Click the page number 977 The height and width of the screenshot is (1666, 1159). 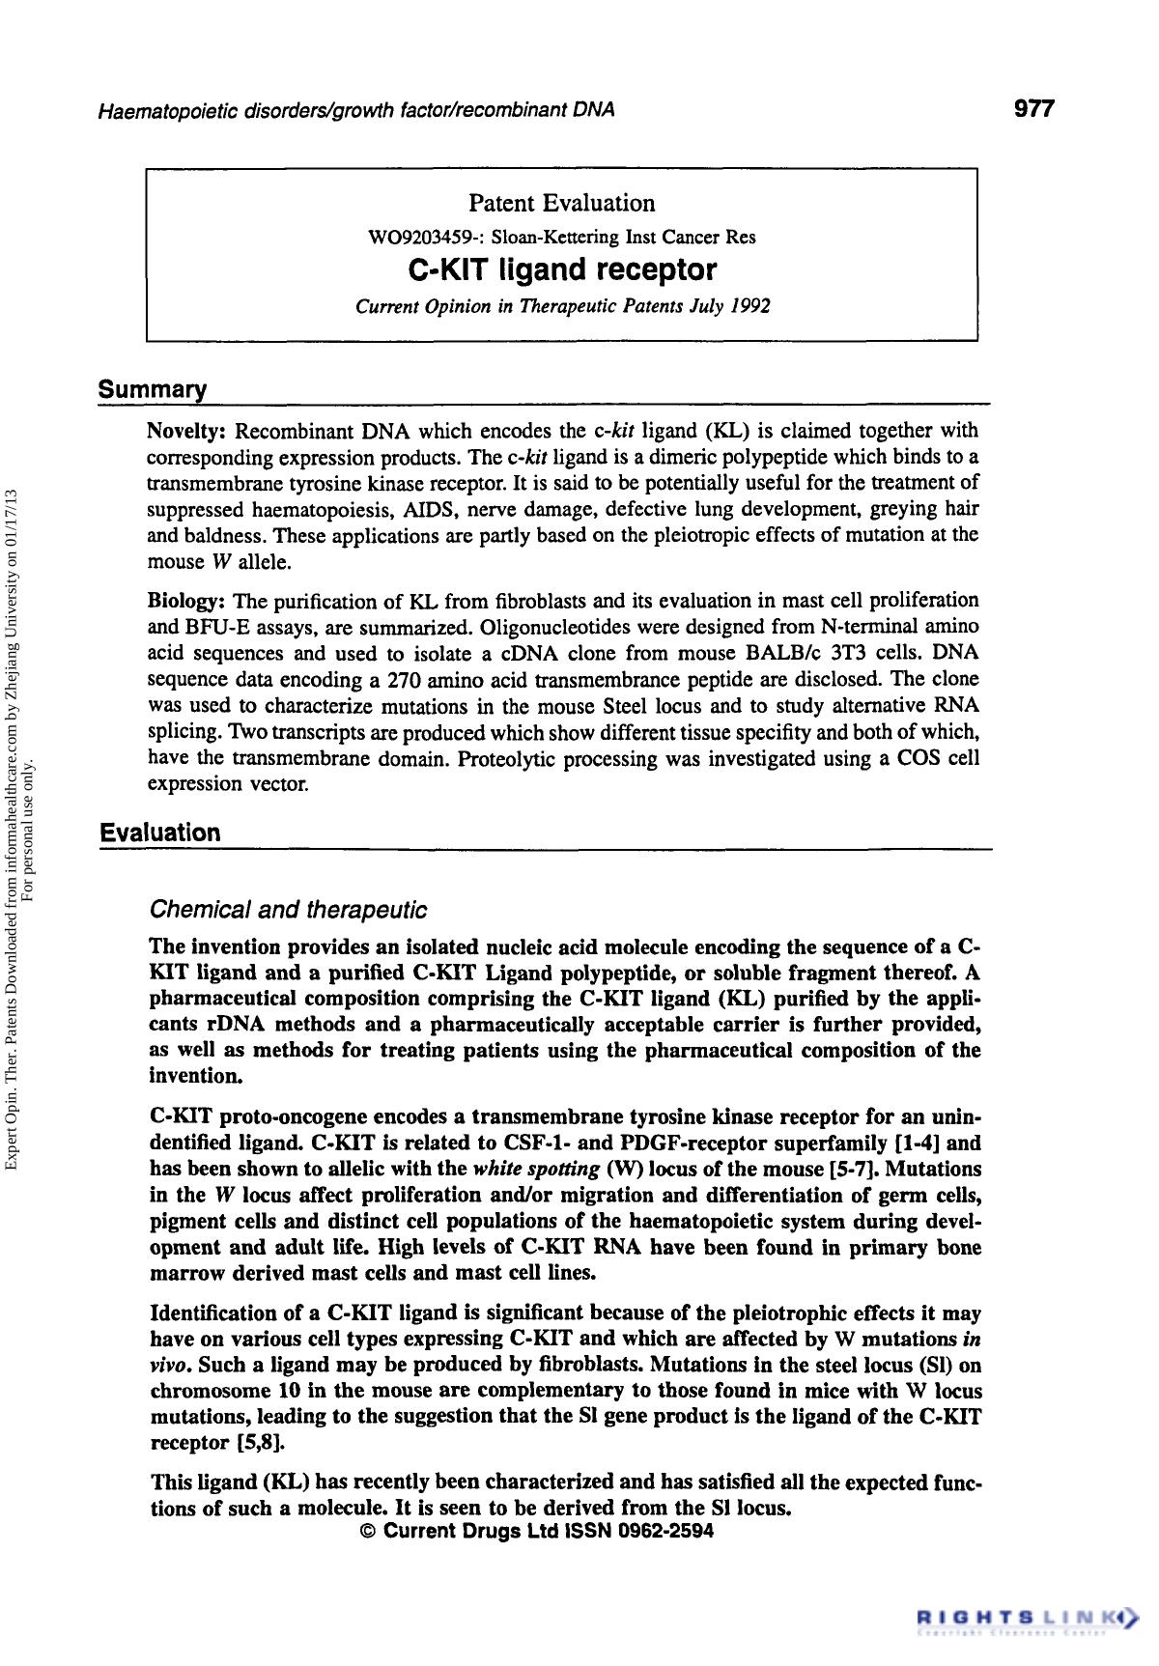click(1033, 108)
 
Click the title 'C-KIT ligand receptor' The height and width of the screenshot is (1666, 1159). click(562, 268)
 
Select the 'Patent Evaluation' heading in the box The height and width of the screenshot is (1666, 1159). click(561, 203)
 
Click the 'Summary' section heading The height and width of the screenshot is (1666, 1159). click(153, 390)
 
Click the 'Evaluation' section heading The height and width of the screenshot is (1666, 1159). click(160, 833)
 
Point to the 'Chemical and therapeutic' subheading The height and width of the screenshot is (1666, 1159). click(288, 910)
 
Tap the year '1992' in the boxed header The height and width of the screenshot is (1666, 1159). click(749, 307)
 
